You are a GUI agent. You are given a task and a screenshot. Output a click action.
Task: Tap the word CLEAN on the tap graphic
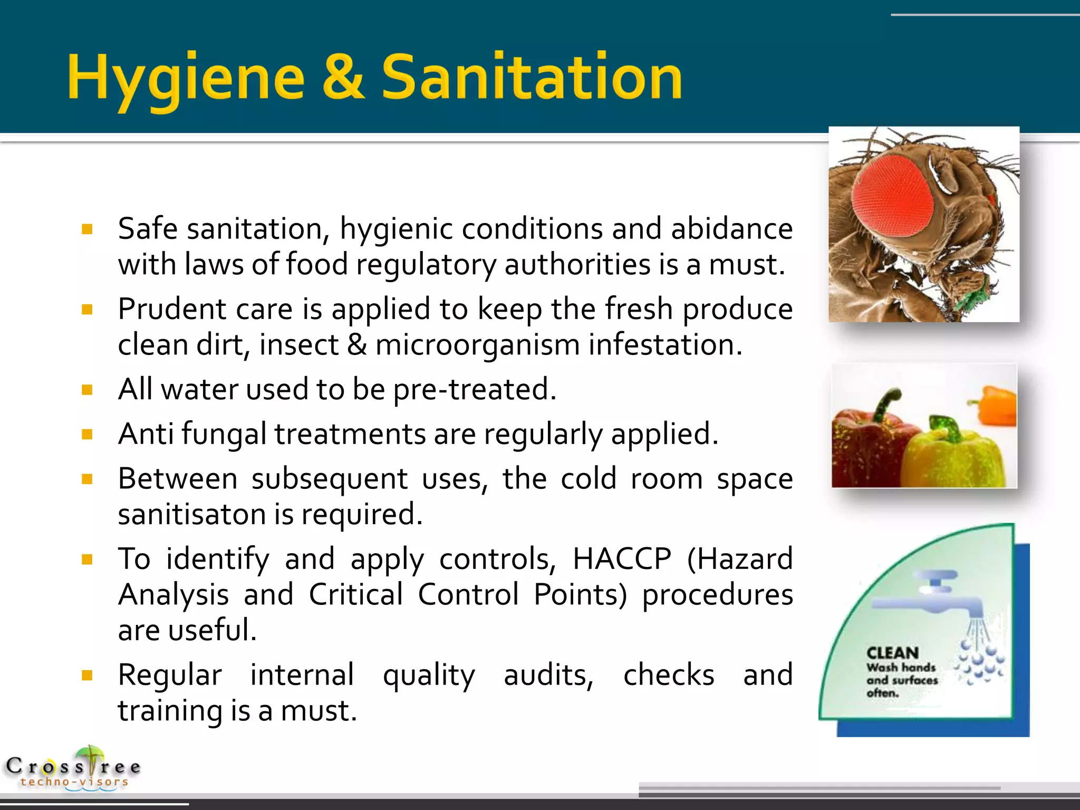(x=892, y=653)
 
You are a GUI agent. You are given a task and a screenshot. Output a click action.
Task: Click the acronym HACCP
(x=622, y=559)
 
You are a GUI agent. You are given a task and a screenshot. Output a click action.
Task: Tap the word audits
(x=548, y=676)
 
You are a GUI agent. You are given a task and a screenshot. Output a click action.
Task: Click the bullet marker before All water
(x=88, y=390)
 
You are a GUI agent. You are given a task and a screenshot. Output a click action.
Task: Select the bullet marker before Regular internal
(x=88, y=675)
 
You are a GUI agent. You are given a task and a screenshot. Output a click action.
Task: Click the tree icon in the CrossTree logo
(x=91, y=759)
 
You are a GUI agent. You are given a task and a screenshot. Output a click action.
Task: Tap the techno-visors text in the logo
(x=74, y=782)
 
